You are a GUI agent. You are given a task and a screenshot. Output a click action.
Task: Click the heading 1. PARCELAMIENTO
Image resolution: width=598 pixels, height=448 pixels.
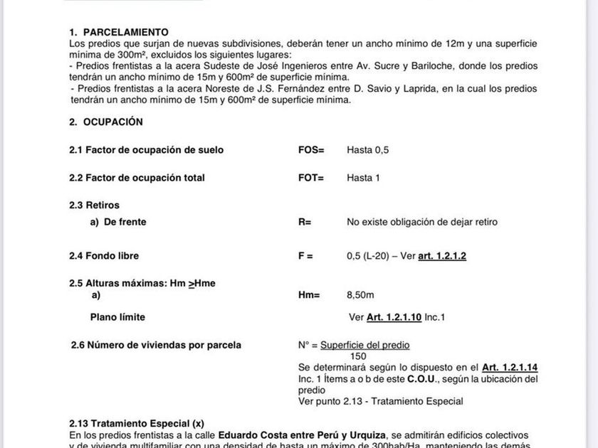118,32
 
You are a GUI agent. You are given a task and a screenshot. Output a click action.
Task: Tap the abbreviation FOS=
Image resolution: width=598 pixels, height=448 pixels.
311,150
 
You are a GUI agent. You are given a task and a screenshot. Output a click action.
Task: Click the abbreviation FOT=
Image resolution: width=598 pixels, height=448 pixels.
311,178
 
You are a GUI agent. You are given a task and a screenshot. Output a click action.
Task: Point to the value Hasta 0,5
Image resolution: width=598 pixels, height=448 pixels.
367,150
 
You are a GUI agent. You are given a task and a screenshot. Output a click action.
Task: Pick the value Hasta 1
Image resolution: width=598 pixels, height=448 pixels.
363,178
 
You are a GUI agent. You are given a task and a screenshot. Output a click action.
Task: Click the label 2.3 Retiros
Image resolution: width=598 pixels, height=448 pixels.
94,206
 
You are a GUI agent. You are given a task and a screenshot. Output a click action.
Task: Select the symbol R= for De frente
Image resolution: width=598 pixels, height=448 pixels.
305,222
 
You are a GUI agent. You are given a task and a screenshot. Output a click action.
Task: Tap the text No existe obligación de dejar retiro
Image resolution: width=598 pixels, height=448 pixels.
422,222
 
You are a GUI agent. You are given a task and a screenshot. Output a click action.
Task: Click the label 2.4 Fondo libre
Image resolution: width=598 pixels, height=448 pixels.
104,256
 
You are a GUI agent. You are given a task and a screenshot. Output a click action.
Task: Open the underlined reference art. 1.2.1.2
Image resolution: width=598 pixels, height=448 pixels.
442,256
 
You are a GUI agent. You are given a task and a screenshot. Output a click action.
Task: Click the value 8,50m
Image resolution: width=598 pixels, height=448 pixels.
360,295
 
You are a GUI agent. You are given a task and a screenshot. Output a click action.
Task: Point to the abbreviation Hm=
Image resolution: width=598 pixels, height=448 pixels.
309,295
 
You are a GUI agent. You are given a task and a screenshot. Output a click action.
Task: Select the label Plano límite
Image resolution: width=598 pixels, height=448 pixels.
117,317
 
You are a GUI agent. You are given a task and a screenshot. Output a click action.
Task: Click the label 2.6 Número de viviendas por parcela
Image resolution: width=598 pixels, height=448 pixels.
156,346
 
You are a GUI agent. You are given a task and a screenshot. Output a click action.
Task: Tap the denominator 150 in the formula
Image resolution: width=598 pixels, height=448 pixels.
358,356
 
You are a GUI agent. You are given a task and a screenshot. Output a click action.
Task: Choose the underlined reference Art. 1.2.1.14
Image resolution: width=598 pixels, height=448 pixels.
509,368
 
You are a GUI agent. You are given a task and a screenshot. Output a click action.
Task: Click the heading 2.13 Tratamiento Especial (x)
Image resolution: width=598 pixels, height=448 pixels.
137,424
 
